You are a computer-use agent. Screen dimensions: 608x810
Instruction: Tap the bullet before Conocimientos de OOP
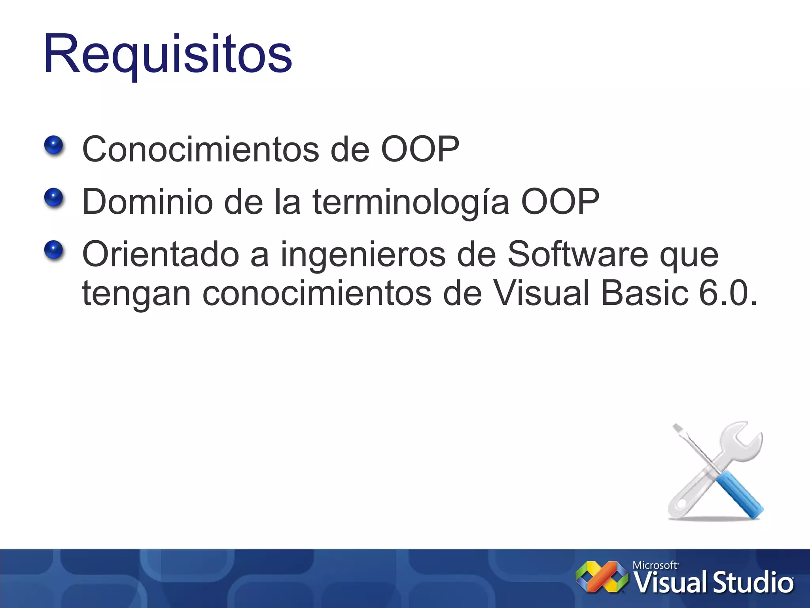coord(54,145)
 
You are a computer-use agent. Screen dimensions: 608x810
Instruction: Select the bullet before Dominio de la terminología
coord(54,198)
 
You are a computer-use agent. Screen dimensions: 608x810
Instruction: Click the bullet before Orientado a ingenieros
coord(54,250)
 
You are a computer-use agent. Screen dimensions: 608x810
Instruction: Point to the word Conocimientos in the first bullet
coord(201,149)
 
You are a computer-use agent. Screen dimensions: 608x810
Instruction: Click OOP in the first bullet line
coord(420,149)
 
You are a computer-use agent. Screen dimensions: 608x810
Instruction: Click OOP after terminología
coord(560,201)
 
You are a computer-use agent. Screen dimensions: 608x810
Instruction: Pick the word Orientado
coord(161,254)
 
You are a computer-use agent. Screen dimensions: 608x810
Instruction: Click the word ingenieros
coord(363,255)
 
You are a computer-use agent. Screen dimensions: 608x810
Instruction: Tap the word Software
coord(577,254)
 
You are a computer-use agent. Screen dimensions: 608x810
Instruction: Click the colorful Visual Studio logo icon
coord(602,577)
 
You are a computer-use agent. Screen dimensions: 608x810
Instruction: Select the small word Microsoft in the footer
coord(655,565)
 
